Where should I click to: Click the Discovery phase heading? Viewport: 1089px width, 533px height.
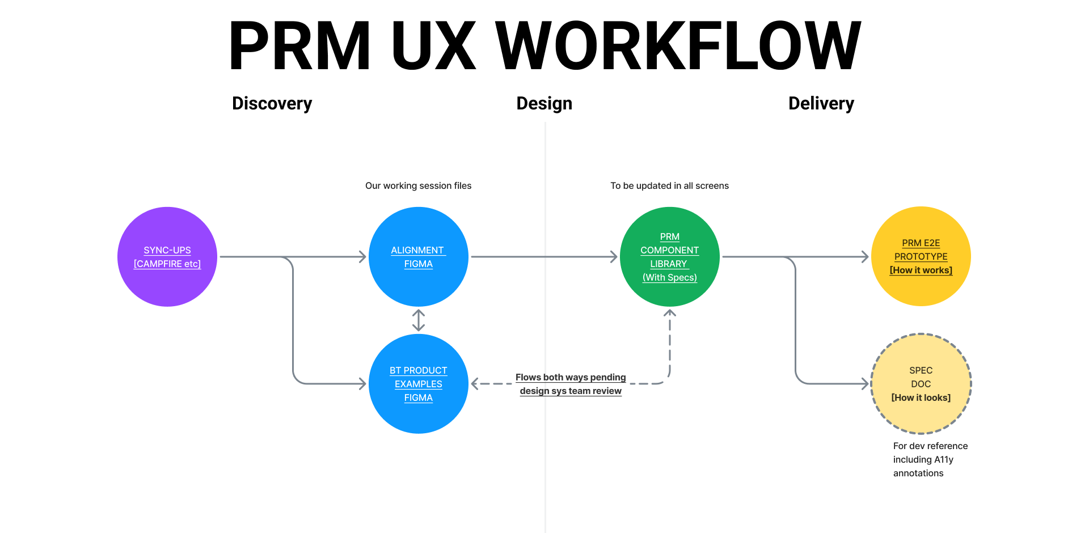[x=272, y=103]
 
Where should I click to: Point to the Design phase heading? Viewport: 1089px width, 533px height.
[x=544, y=103]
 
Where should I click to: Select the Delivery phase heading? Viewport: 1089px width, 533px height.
[x=821, y=103]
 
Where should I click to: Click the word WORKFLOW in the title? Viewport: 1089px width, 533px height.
[x=678, y=45]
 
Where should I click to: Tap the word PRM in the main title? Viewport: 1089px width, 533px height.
[x=299, y=45]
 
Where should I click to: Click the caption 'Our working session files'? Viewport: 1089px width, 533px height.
[x=418, y=185]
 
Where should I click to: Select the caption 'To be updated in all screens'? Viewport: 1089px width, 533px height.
[x=669, y=185]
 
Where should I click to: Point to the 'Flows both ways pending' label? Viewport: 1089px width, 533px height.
[x=571, y=378]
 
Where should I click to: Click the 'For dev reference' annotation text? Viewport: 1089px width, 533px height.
[x=930, y=446]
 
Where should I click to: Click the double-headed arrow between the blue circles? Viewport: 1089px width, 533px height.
[x=419, y=320]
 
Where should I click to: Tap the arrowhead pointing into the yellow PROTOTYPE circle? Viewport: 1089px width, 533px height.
[x=864, y=257]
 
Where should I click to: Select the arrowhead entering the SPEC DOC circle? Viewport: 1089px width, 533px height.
[x=864, y=384]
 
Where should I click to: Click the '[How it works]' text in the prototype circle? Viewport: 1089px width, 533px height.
[x=921, y=270]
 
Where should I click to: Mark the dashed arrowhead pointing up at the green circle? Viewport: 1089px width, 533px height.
[x=670, y=313]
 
